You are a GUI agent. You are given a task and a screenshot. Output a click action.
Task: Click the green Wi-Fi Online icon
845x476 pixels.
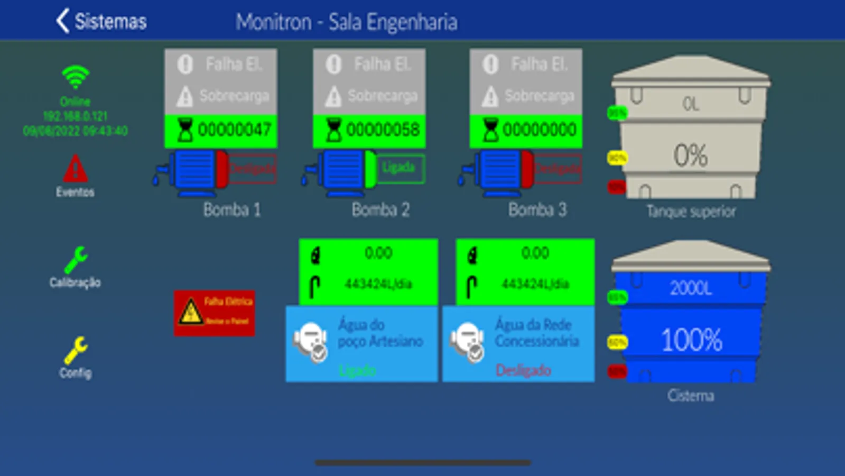(x=75, y=77)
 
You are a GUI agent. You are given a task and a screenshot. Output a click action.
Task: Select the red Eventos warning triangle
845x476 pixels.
(x=75, y=169)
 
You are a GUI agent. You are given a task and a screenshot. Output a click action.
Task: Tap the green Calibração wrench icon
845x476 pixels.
(x=75, y=260)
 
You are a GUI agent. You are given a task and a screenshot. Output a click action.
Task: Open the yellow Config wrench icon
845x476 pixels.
(x=75, y=350)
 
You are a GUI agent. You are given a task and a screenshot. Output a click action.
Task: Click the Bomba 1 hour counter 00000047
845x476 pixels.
(x=221, y=130)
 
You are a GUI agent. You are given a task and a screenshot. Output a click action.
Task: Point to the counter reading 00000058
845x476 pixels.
(x=370, y=130)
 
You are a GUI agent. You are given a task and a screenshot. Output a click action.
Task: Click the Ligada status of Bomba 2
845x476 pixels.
(x=400, y=168)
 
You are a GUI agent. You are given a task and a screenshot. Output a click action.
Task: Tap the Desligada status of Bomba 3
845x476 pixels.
(x=558, y=169)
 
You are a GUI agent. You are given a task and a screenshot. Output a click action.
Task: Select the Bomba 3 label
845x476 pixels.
(x=537, y=210)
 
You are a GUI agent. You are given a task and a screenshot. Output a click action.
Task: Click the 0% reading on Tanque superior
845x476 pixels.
(x=690, y=155)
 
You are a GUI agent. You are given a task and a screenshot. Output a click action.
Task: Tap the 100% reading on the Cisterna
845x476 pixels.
(x=691, y=340)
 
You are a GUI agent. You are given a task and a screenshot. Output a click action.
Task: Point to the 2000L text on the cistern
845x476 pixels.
(x=691, y=288)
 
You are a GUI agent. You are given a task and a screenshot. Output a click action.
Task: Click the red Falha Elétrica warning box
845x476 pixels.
(x=215, y=313)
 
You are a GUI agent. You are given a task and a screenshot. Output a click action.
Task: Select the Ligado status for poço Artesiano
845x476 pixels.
(x=357, y=370)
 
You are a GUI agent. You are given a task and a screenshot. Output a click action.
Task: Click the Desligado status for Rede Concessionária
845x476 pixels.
(x=523, y=370)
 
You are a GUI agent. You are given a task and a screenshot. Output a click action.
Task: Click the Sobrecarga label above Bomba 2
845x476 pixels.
(x=382, y=96)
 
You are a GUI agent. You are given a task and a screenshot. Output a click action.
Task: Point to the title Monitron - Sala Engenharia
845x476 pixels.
(x=347, y=22)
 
